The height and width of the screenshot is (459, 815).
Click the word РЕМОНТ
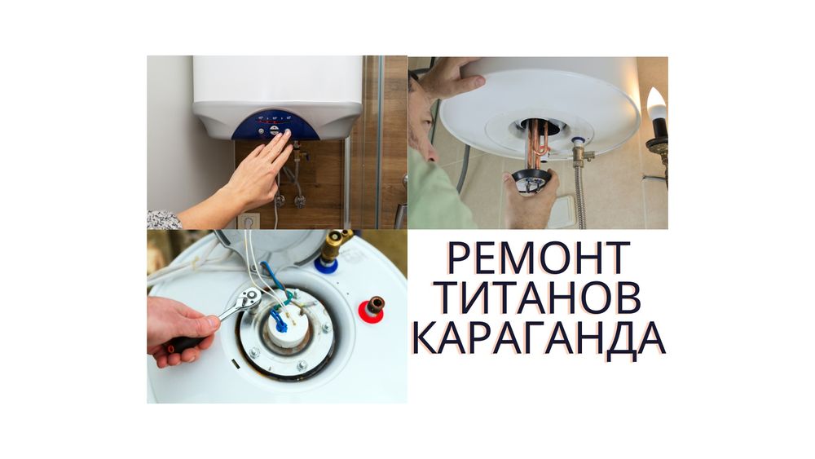point(539,258)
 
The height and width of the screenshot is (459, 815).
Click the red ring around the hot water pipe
point(370,312)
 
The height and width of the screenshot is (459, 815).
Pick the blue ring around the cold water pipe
point(326,265)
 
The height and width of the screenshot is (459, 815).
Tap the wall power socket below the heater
point(249,221)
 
